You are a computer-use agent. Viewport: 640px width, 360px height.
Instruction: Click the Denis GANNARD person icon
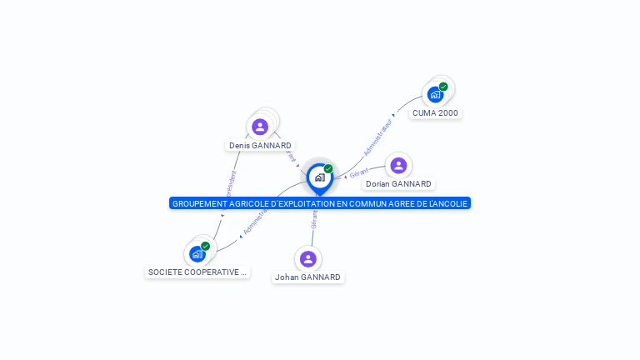click(260, 127)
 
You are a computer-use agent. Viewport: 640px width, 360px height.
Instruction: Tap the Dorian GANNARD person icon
click(398, 165)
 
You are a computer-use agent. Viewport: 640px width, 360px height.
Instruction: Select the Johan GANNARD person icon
click(308, 258)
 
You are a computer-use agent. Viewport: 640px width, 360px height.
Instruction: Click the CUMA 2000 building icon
click(434, 95)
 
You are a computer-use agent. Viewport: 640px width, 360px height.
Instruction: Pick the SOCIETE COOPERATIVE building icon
click(197, 254)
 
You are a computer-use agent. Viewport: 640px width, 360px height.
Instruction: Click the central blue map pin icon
click(319, 177)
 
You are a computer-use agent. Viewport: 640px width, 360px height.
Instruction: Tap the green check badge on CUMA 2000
click(443, 87)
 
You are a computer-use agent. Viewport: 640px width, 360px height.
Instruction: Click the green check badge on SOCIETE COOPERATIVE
click(205, 246)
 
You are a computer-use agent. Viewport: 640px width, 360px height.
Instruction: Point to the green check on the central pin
click(328, 169)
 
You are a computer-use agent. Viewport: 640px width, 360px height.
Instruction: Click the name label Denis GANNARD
click(260, 146)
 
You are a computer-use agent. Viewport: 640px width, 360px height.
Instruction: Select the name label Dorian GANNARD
click(398, 184)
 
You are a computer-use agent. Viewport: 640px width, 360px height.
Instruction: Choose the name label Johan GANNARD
click(308, 277)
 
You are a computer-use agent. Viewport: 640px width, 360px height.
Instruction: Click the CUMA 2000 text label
click(435, 113)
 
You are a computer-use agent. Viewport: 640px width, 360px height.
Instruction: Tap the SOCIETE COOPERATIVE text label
click(197, 272)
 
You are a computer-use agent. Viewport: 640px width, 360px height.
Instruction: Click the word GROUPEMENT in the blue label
click(197, 203)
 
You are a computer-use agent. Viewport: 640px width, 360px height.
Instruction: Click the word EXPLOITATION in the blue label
click(287, 203)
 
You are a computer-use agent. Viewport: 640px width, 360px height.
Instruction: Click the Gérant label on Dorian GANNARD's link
click(358, 172)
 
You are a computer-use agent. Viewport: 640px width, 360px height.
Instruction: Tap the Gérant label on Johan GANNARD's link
click(314, 220)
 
